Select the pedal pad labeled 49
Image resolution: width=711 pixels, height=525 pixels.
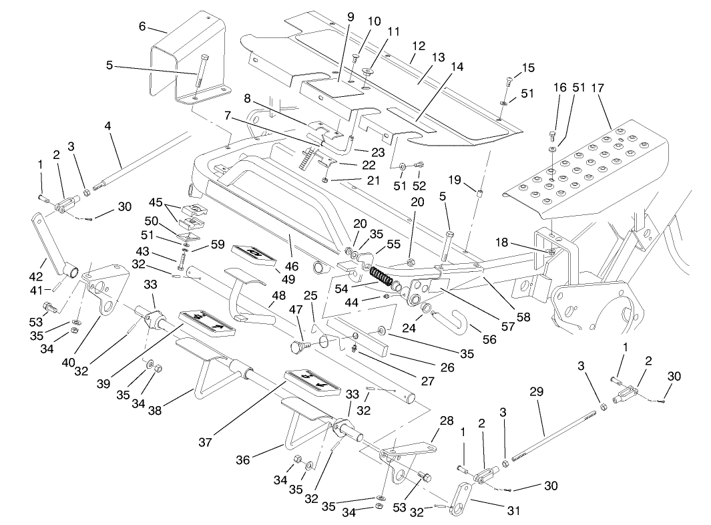point(254,254)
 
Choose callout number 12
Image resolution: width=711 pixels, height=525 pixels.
point(419,47)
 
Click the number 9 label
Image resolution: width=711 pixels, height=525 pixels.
point(350,16)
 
